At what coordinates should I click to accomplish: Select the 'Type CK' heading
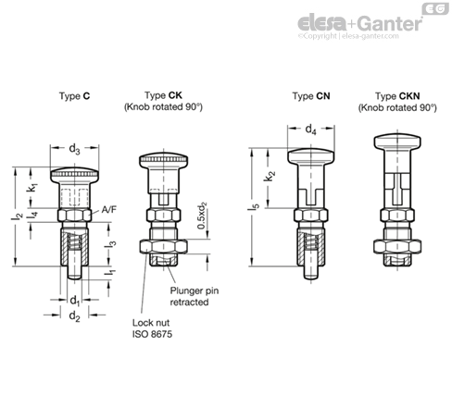coord(163,95)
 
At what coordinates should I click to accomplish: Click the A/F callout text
coord(109,210)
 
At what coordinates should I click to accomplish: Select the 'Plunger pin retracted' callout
coord(193,295)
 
